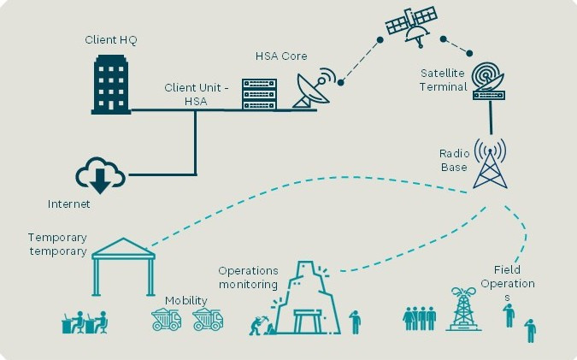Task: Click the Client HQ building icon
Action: [x=111, y=85]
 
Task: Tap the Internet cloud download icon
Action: [x=100, y=175]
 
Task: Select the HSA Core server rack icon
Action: [x=259, y=94]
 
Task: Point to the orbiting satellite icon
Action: [x=411, y=25]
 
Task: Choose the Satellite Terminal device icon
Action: [x=489, y=81]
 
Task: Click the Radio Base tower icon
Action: [x=490, y=163]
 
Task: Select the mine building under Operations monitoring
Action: [x=308, y=298]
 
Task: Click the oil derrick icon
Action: [x=463, y=309]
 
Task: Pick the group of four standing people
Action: [x=420, y=318]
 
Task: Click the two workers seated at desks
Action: [x=85, y=322]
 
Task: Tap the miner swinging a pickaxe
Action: [x=257, y=325]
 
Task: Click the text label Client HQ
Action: [x=111, y=39]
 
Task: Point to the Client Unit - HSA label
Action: [x=196, y=94]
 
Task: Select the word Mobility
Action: [x=186, y=301]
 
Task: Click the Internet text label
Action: [x=69, y=204]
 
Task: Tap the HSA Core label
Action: [x=281, y=56]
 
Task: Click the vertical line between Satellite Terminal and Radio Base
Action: [x=491, y=118]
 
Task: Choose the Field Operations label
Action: [x=508, y=283]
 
